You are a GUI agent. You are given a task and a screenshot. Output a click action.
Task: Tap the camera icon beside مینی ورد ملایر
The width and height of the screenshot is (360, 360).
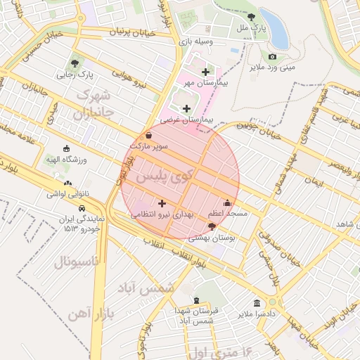[272, 56]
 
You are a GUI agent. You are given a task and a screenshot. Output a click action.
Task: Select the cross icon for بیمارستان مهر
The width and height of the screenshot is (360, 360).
[205, 72]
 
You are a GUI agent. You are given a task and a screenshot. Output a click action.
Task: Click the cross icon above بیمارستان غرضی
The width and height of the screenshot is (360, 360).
[186, 108]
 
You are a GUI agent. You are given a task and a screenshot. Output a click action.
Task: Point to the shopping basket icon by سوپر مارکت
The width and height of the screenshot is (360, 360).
[148, 135]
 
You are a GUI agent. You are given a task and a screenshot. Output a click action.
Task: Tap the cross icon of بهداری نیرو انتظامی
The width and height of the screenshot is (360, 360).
[162, 203]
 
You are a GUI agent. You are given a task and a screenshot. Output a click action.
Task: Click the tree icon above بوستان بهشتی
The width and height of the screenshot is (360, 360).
[212, 227]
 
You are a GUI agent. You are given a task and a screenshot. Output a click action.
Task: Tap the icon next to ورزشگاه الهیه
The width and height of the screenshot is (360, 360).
[67, 148]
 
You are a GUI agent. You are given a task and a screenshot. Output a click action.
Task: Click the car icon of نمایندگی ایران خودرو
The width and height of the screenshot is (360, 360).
[83, 209]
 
